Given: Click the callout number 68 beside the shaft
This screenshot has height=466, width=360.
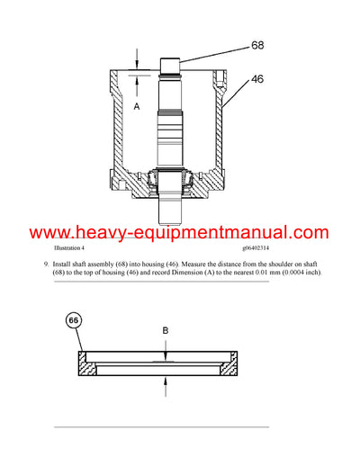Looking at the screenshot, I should pyautogui.click(x=256, y=44).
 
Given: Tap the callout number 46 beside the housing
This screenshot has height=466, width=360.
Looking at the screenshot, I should pyautogui.click(x=256, y=79).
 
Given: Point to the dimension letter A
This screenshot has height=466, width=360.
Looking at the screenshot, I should pyautogui.click(x=138, y=105).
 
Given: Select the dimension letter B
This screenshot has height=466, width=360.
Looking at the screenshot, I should pyautogui.click(x=166, y=331).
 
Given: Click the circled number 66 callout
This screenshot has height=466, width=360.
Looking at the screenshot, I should pyautogui.click(x=72, y=320).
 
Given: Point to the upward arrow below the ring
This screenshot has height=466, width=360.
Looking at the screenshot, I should pyautogui.click(x=166, y=381).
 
